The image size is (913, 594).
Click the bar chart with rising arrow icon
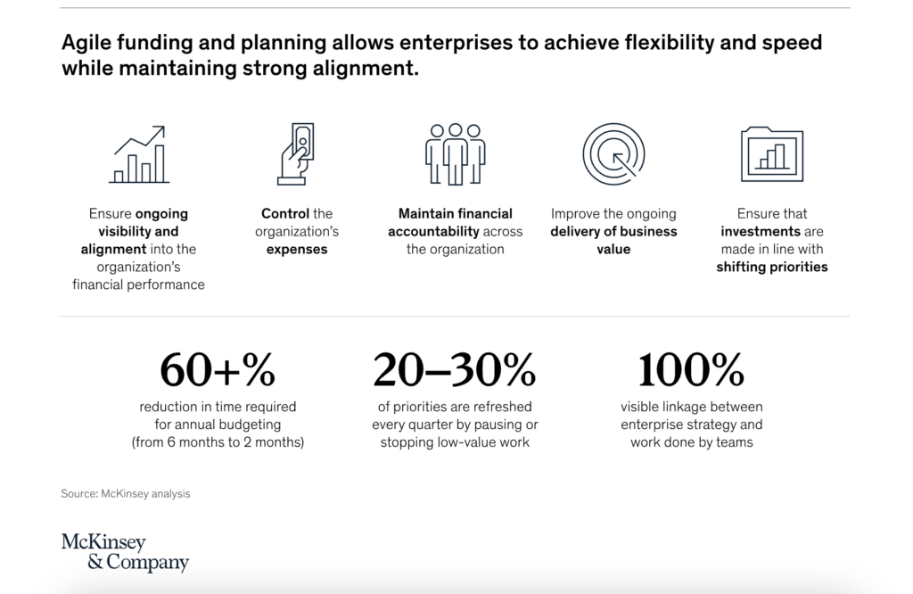pos(139,154)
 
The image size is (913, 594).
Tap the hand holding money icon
pos(296,153)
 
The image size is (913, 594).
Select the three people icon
pos(456,154)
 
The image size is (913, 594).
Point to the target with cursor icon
pos(613,154)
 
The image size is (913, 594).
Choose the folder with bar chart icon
pos(772,154)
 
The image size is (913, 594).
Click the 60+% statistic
pos(218,370)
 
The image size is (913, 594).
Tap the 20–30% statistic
pos(455,370)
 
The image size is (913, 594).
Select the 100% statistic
pos(691,370)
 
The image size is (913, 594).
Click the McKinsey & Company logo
pos(125,551)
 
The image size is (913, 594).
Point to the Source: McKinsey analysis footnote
pos(125,494)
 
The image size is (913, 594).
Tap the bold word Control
pos(285,214)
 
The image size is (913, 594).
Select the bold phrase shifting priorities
pos(772,268)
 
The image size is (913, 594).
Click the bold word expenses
pos(297,250)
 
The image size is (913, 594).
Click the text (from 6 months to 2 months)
pos(218,442)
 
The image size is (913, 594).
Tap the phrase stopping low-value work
pos(455,442)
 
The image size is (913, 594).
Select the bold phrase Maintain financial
pos(456,214)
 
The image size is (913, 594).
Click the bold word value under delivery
pos(613,249)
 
